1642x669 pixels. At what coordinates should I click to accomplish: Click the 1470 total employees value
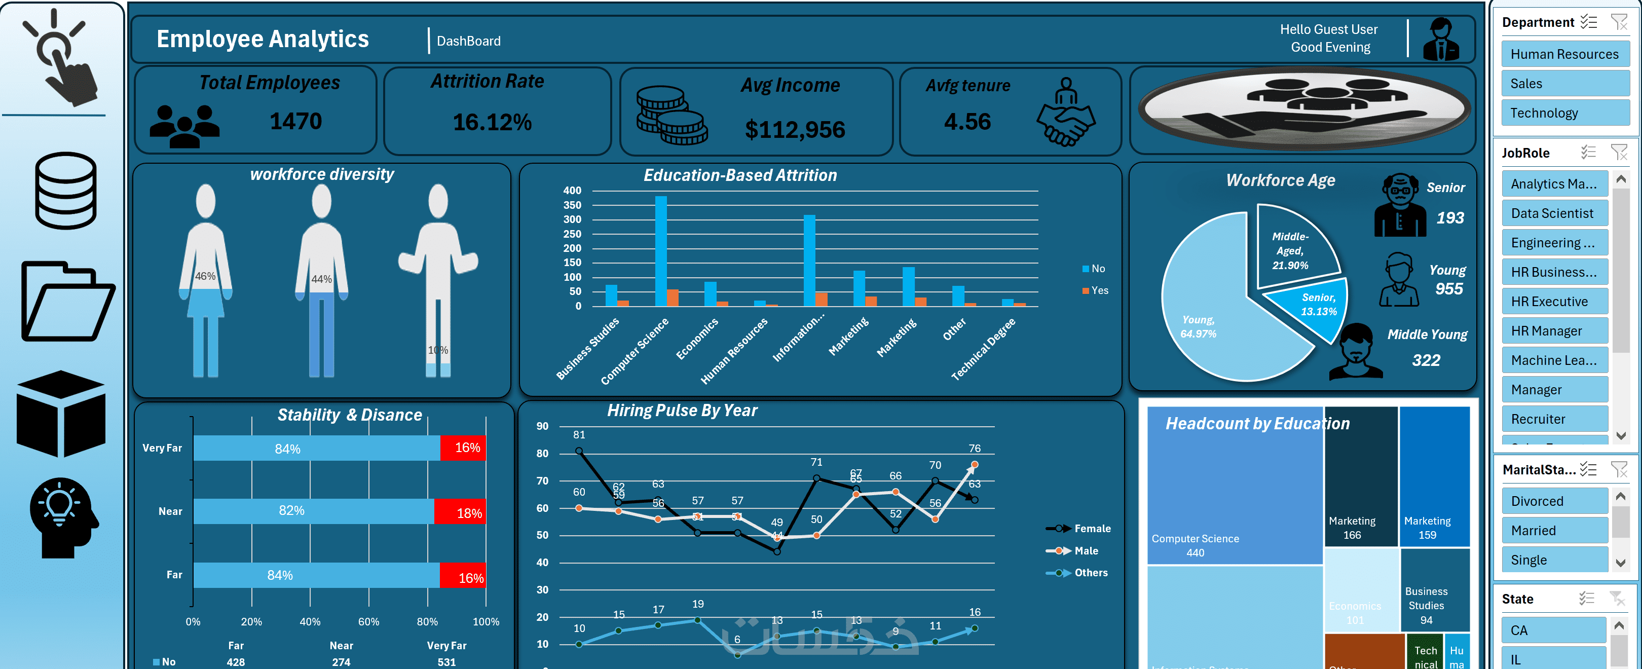(x=296, y=121)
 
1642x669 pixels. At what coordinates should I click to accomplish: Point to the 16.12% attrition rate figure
(x=492, y=122)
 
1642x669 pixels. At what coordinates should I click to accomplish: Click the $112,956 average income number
(x=794, y=129)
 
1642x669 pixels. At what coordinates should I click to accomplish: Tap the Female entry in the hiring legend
(x=1092, y=529)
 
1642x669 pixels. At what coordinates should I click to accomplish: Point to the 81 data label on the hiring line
(x=579, y=435)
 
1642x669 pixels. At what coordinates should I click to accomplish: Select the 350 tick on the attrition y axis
(x=572, y=205)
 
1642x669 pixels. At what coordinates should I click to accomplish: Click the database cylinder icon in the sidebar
(x=66, y=190)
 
